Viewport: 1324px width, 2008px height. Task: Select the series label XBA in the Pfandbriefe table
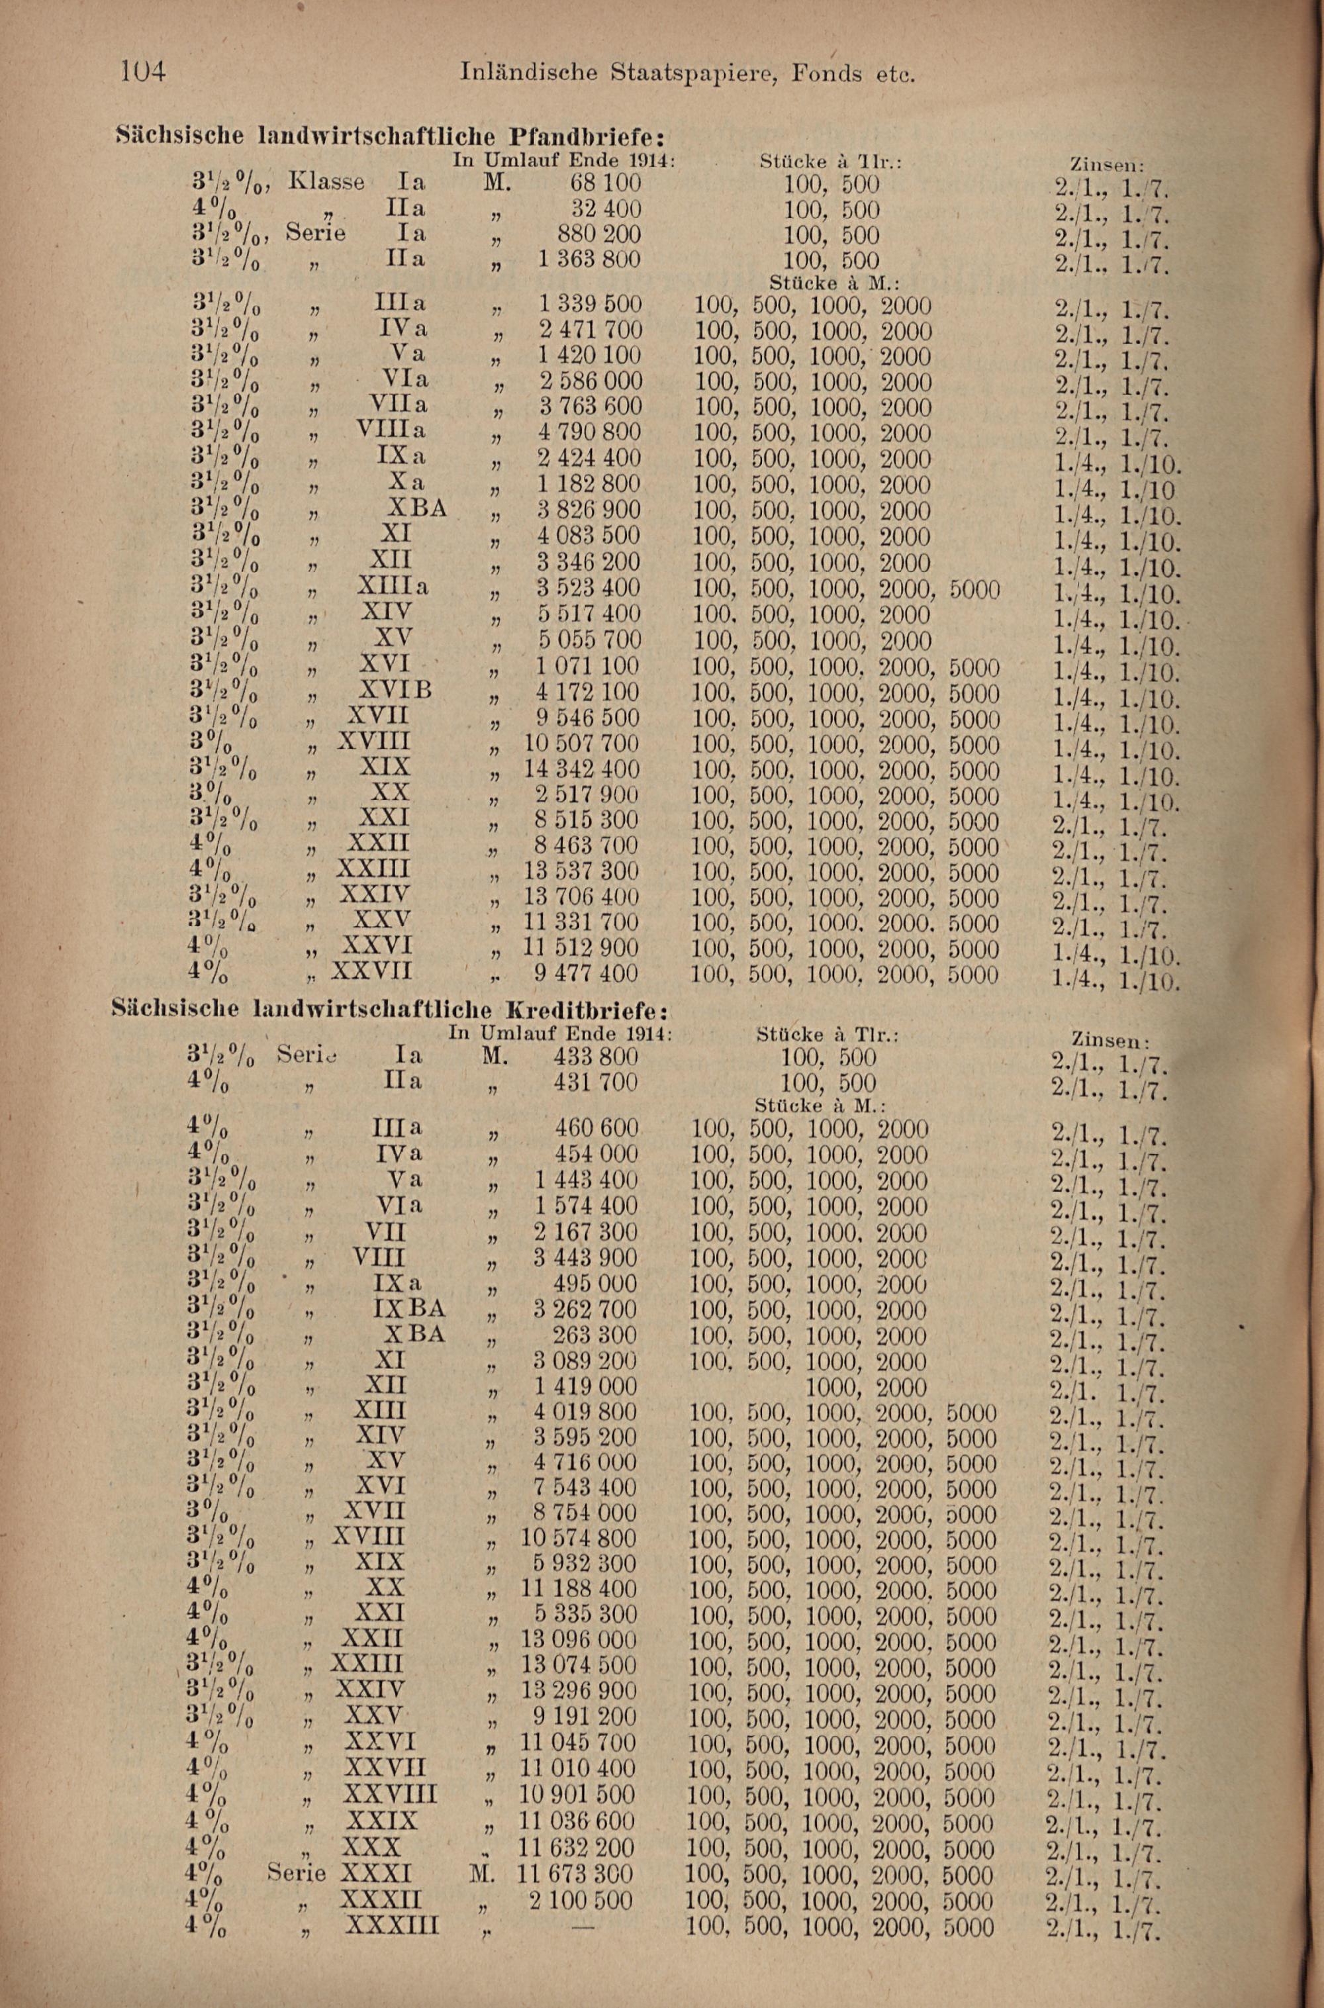pyautogui.click(x=416, y=508)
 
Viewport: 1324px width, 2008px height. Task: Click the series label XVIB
pyautogui.click(x=395, y=691)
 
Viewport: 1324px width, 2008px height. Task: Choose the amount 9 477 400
pyautogui.click(x=585, y=973)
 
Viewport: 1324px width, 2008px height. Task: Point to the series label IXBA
pyautogui.click(x=408, y=1308)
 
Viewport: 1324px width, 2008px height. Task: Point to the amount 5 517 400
pyautogui.click(x=589, y=613)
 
